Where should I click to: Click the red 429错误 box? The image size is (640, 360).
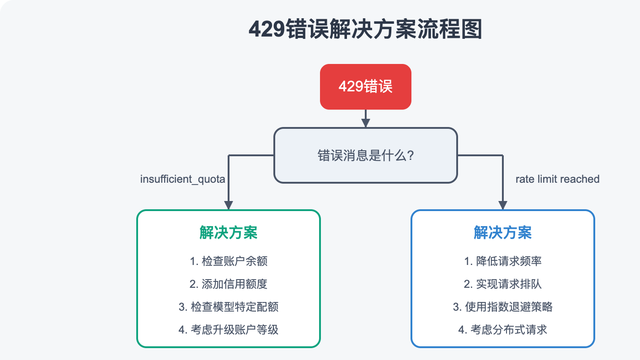tap(365, 87)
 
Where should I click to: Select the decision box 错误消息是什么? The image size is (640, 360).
tap(365, 155)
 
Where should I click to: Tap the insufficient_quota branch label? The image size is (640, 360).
tap(182, 179)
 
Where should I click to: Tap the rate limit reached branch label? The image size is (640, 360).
tap(557, 179)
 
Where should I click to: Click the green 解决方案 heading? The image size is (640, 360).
tap(228, 233)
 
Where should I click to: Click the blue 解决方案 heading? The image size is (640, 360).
tap(502, 233)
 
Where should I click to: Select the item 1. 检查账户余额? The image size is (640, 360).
tap(228, 261)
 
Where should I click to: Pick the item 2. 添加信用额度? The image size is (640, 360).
tap(228, 284)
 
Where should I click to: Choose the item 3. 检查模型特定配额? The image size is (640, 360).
tap(228, 307)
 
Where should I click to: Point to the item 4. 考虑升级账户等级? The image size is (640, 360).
tap(228, 329)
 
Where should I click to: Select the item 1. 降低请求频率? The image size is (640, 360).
tap(502, 261)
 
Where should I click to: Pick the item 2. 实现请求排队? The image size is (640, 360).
tap(502, 284)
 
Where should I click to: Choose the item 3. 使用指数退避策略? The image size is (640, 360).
tap(502, 307)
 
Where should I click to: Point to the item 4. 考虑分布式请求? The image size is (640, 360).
tap(502, 329)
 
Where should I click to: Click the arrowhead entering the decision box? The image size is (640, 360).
tap(365, 123)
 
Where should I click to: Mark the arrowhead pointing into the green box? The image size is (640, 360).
tap(228, 205)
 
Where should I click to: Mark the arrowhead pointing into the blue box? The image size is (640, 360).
tap(503, 205)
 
